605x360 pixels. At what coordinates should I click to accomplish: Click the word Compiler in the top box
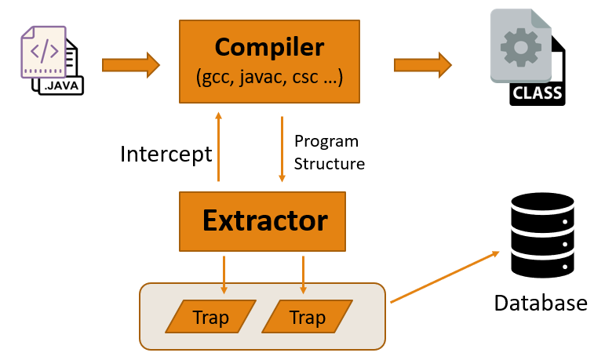(x=269, y=47)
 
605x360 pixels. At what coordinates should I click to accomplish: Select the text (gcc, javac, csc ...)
(x=269, y=78)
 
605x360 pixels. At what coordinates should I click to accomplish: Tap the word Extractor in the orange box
(x=264, y=220)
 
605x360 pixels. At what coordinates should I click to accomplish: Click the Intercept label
(x=166, y=154)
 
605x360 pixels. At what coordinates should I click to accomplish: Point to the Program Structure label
(x=329, y=153)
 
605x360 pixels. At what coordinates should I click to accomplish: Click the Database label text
(x=540, y=303)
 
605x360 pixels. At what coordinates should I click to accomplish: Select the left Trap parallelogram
(x=211, y=317)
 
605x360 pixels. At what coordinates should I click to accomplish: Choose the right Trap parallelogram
(x=306, y=317)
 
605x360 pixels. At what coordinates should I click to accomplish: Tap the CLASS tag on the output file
(x=537, y=94)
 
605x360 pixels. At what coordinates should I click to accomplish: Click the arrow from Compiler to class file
(x=422, y=64)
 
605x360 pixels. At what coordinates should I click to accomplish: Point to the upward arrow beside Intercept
(x=218, y=146)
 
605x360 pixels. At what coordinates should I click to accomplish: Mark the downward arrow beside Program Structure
(x=282, y=149)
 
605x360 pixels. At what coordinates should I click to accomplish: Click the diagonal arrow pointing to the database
(x=445, y=276)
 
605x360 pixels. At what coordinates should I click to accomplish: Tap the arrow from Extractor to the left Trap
(x=224, y=275)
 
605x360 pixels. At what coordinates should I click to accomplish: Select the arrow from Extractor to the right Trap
(x=303, y=275)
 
